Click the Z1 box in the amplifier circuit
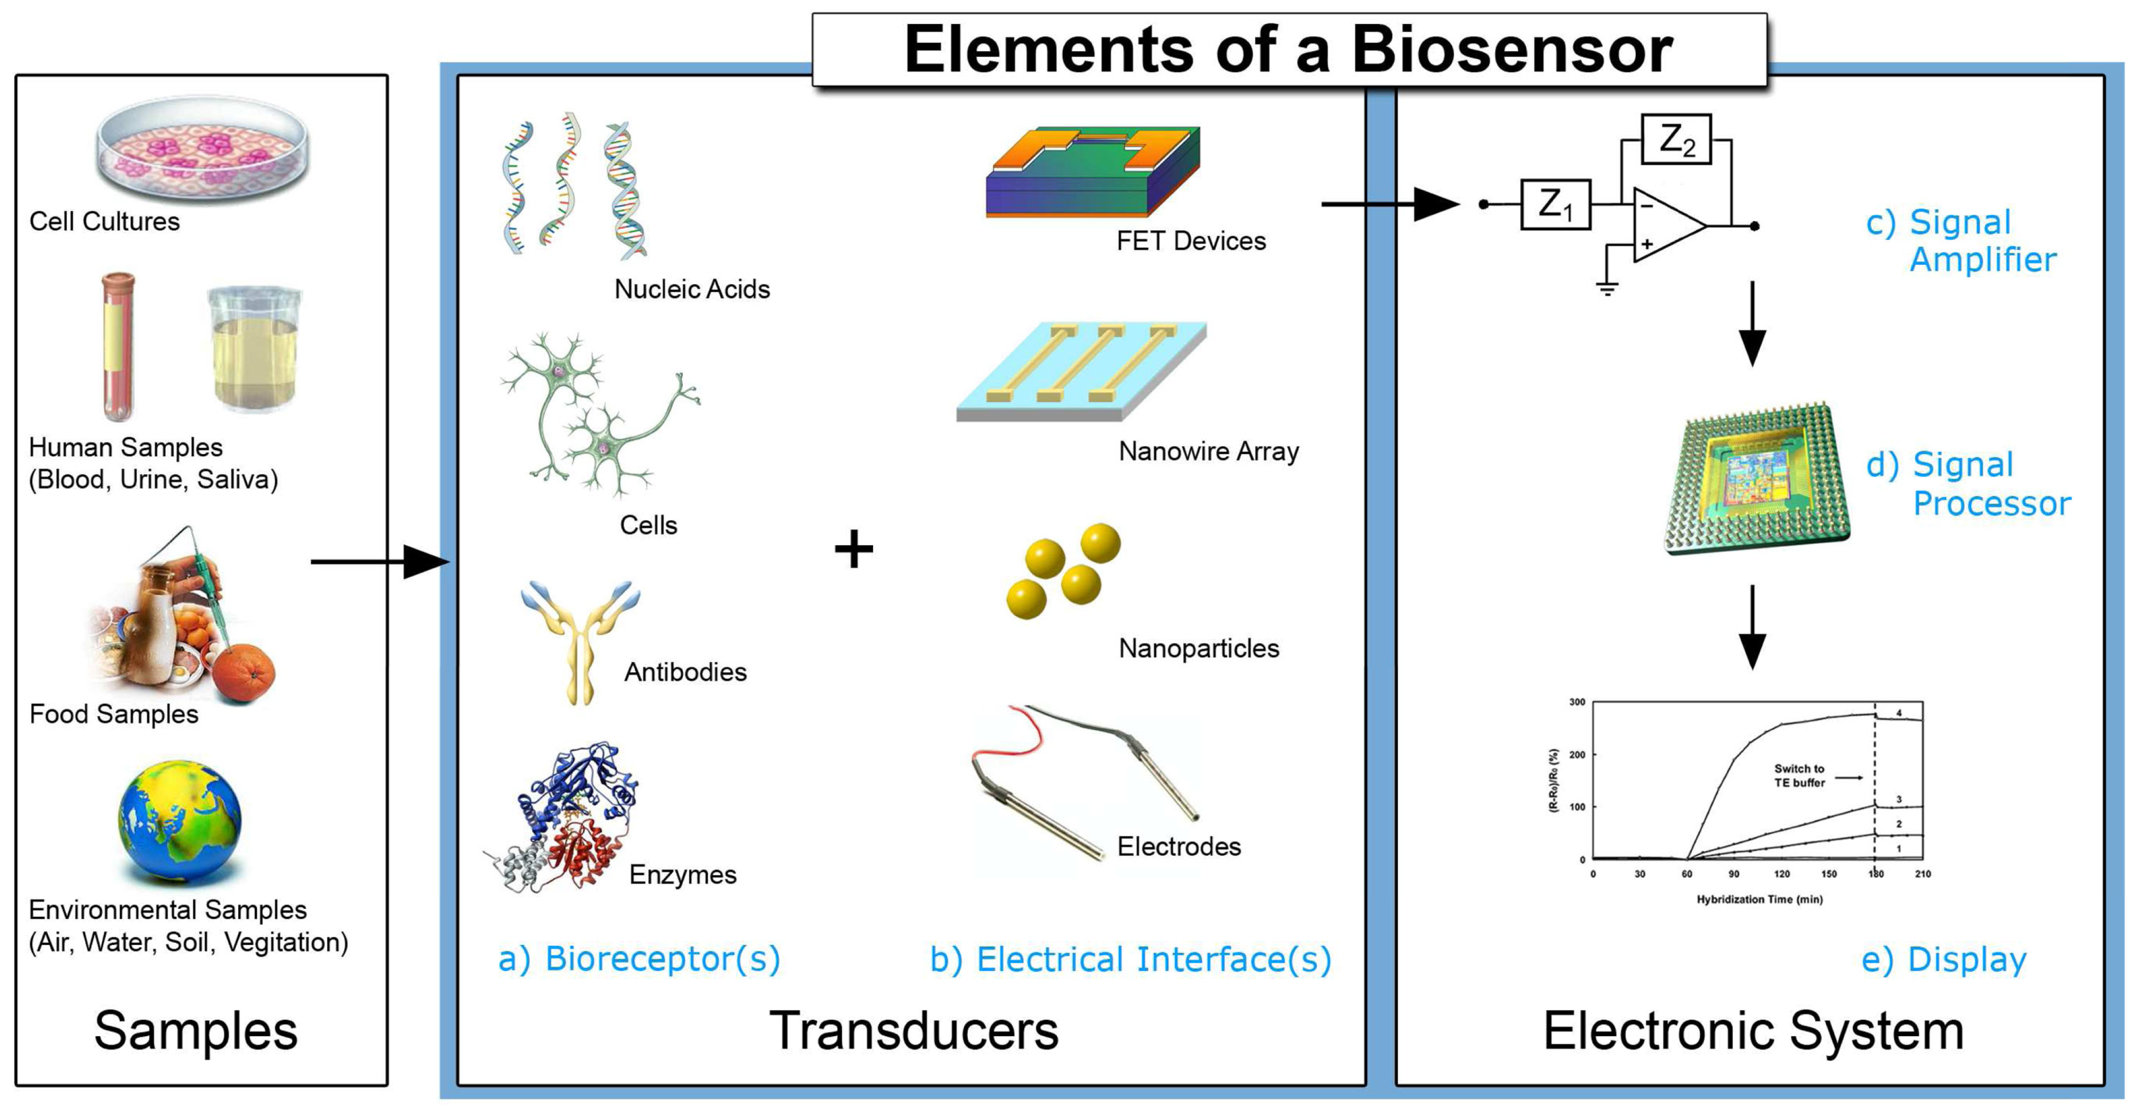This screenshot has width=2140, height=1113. (1555, 204)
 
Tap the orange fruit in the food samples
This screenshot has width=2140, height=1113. (244, 673)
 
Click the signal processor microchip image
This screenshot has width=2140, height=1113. (1756, 480)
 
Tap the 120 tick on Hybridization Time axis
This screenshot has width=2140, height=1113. (1782, 874)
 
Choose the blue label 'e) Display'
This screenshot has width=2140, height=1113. (1943, 959)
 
